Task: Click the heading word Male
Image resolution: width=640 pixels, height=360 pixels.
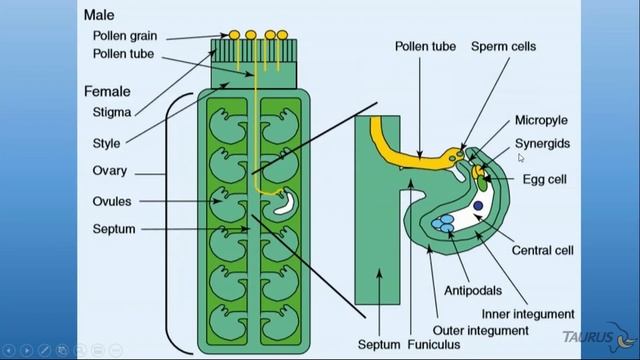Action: [101, 15]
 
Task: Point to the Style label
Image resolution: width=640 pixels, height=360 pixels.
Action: [107, 143]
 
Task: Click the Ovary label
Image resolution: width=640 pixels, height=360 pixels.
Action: [109, 170]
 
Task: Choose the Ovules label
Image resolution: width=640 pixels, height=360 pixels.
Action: [112, 201]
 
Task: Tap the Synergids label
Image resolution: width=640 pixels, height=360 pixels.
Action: [543, 143]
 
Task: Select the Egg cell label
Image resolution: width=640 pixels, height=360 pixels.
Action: [546, 179]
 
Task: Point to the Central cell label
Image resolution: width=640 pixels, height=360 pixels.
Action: [541, 249]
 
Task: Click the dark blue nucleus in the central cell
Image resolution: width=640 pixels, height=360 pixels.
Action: [479, 206]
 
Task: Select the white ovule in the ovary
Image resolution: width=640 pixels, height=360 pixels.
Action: [285, 204]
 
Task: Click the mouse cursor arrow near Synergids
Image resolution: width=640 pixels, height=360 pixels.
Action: [521, 157]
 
